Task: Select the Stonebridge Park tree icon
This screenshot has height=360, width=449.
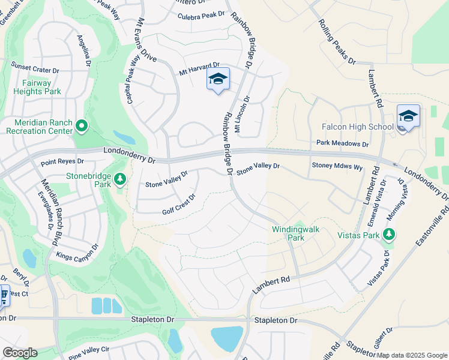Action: pos(120,178)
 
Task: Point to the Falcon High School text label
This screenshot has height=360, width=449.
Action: pos(358,127)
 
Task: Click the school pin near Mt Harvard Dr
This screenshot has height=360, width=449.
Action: pos(218,79)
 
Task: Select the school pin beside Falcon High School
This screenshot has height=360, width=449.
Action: pos(408,116)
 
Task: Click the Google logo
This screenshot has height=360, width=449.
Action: pos(19,353)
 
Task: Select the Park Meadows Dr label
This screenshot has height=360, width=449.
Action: pos(342,144)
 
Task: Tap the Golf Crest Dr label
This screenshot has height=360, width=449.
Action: pos(179,205)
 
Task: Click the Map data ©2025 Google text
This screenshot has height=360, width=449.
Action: pos(412,355)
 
